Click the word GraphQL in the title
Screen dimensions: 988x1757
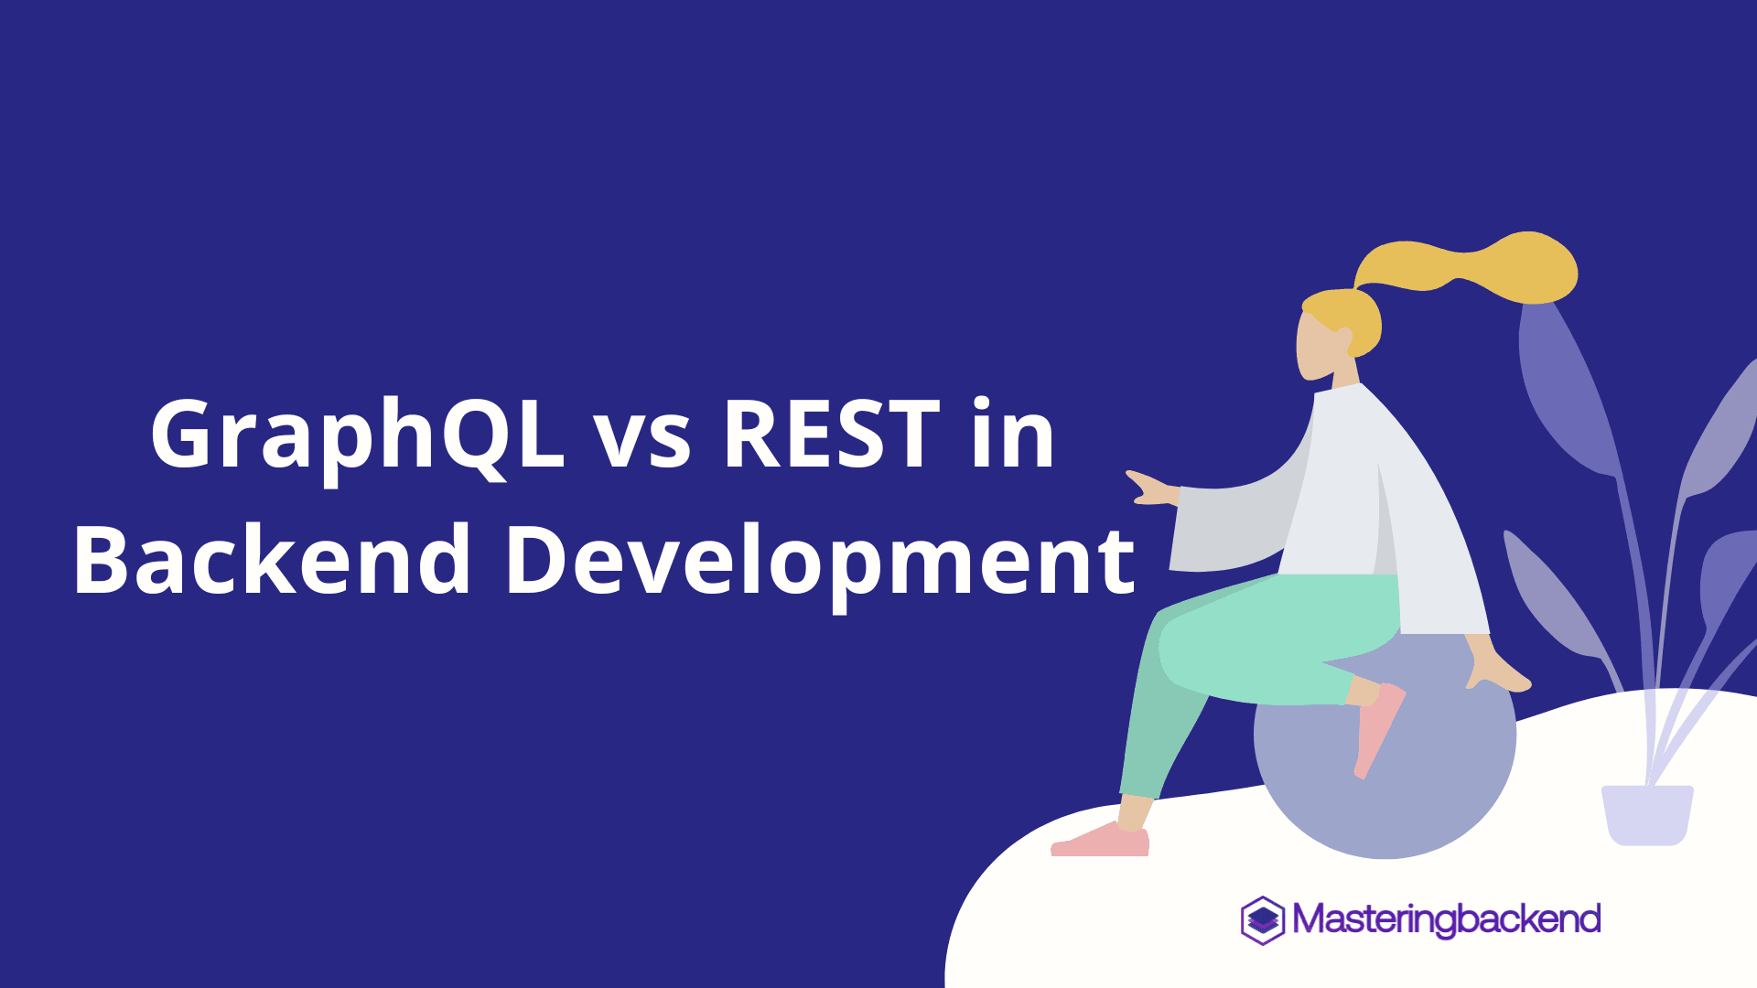click(x=357, y=435)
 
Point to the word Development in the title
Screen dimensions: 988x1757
click(x=819, y=560)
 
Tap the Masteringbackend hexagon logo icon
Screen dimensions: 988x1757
click(x=1263, y=919)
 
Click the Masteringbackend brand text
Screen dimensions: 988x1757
click(x=1447, y=919)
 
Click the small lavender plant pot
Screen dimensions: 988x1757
click(x=1647, y=814)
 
